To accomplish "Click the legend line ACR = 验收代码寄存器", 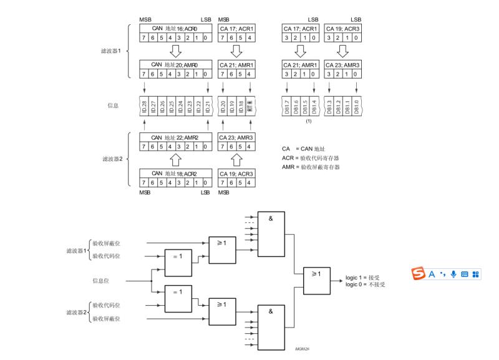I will [x=311, y=158].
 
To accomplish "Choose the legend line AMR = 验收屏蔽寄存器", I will [x=311, y=167].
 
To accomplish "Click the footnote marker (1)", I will [x=308, y=120].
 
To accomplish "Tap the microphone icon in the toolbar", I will [x=453, y=274].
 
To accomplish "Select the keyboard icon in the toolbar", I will [x=465, y=274].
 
